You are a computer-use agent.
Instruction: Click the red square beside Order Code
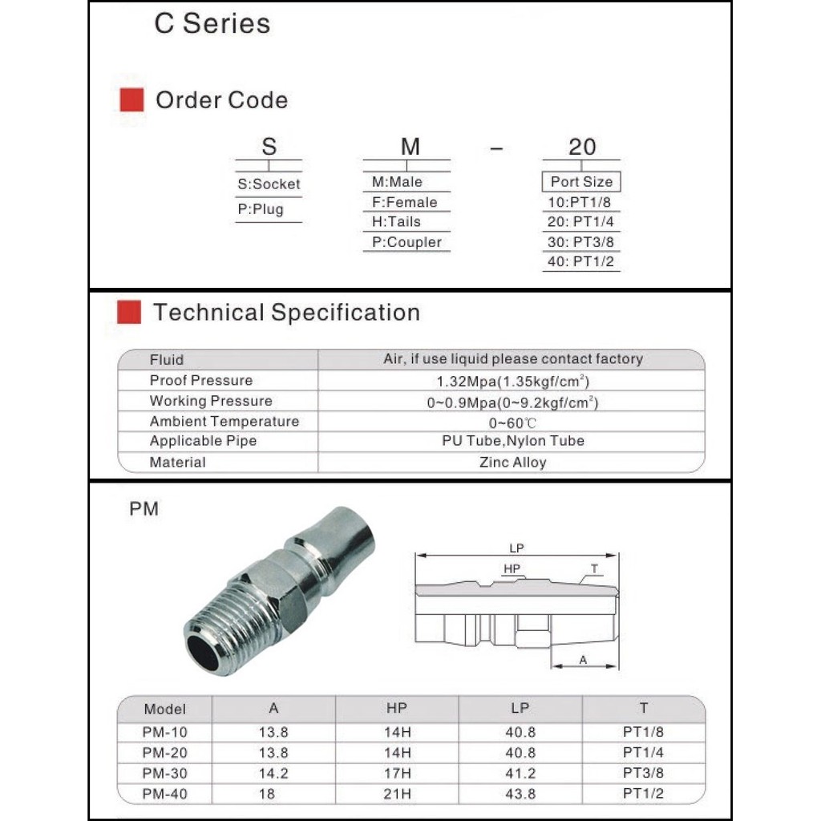point(131,100)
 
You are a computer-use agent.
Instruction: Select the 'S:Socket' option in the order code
point(269,184)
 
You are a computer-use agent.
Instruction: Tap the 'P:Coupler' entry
point(406,242)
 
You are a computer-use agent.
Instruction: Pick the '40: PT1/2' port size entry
point(581,261)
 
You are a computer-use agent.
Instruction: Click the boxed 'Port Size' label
point(581,182)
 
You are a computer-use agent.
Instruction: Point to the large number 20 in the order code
point(582,147)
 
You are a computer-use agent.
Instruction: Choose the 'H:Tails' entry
point(396,222)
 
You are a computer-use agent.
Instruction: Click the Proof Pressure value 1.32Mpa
point(513,381)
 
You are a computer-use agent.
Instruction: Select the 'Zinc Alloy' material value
point(513,463)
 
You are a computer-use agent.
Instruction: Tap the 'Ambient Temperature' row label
point(224,422)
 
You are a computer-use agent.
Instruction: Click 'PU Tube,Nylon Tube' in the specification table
point(513,441)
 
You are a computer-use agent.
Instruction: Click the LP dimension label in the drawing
point(516,548)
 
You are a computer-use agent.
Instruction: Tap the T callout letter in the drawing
point(594,568)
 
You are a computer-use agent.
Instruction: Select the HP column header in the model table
point(397,708)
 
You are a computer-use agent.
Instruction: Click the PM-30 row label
point(164,774)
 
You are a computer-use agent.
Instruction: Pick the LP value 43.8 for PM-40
point(520,794)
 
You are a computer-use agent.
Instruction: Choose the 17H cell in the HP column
point(397,774)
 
